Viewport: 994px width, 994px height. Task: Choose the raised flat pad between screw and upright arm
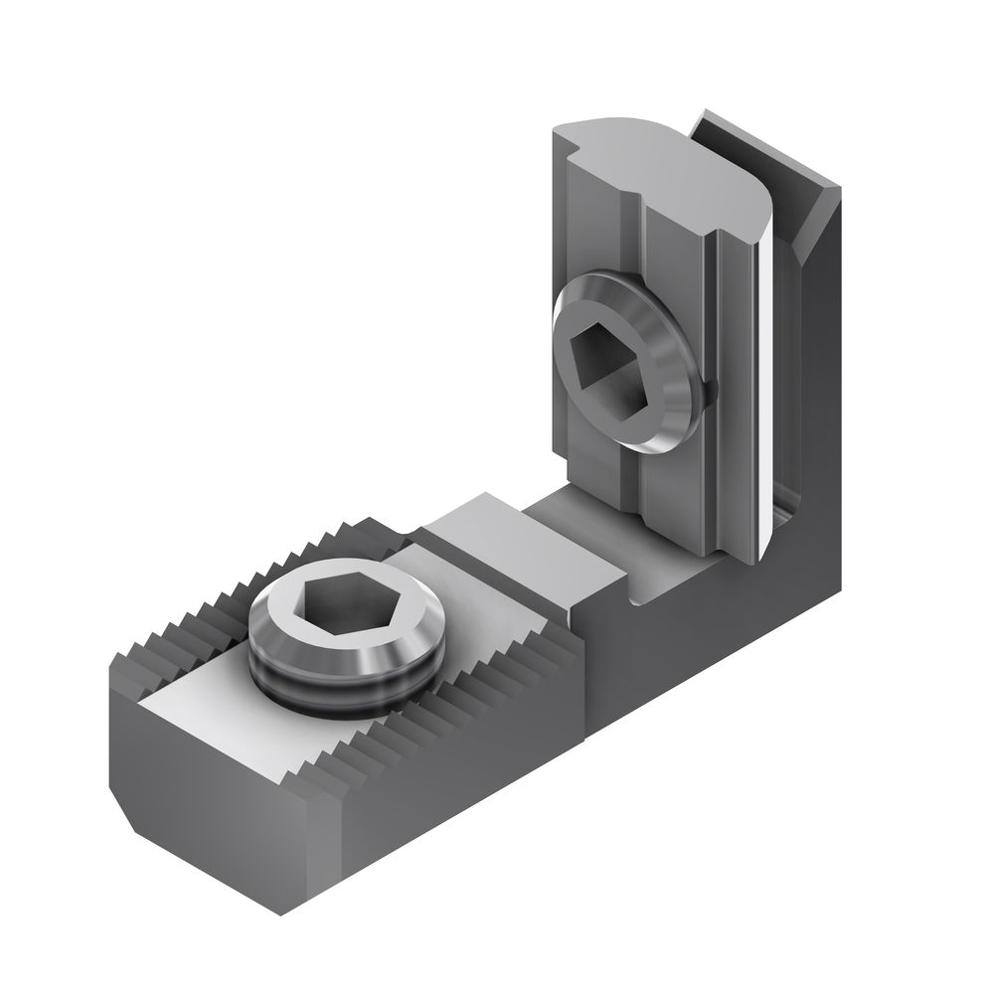pos(517,557)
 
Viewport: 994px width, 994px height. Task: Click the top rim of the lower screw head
pos(298,586)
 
